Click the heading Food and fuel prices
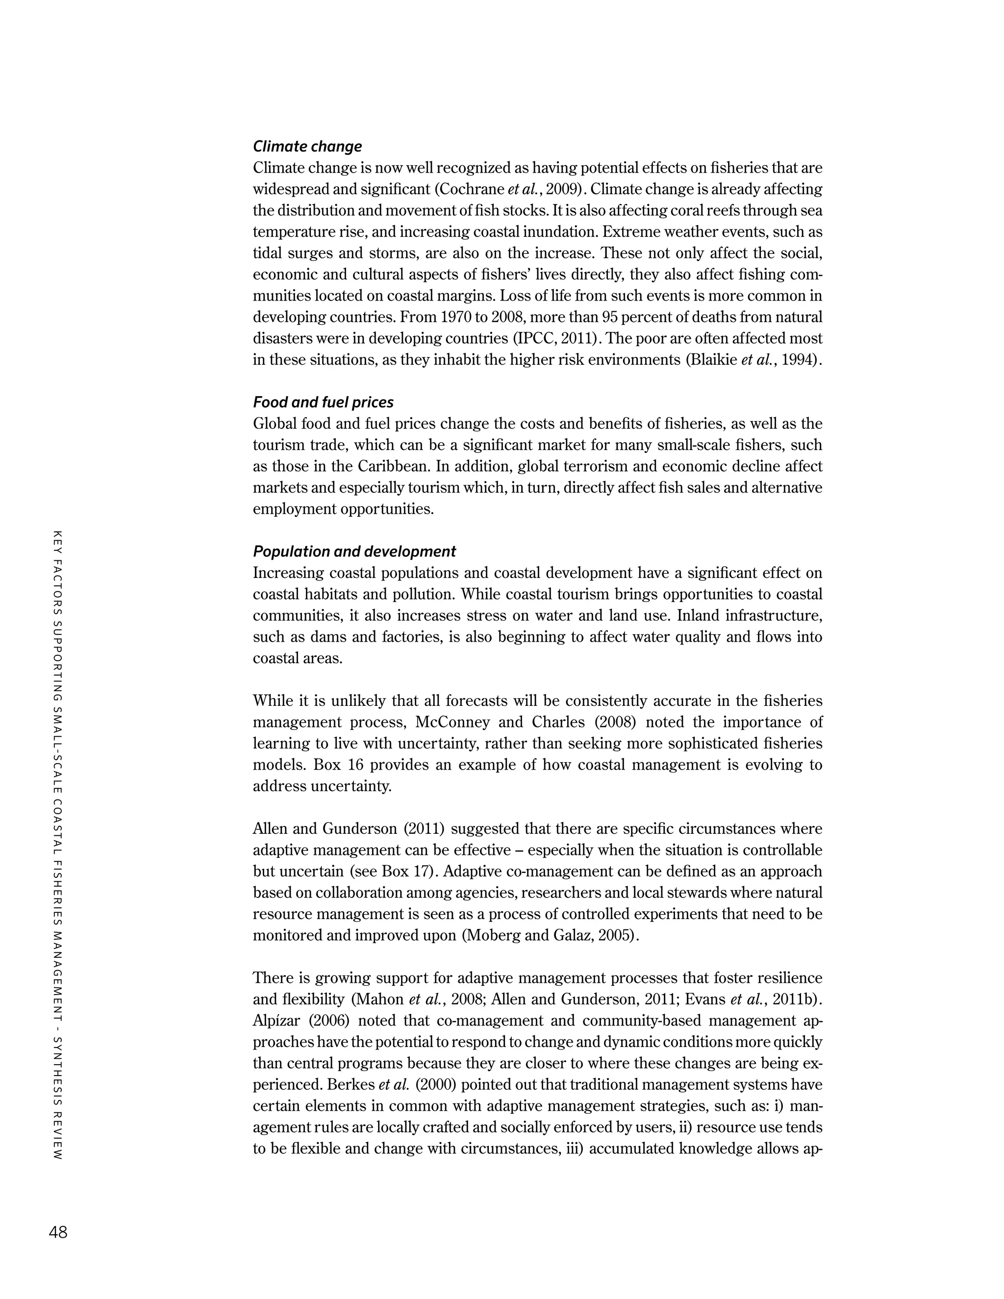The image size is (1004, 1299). click(323, 402)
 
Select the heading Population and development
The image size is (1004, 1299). click(354, 551)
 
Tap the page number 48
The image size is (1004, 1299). click(58, 1232)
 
